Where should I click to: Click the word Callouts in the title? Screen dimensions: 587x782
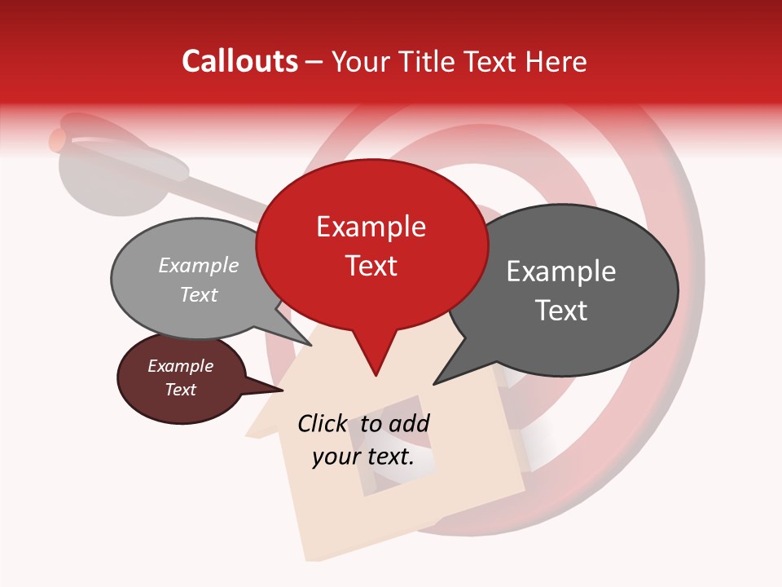pos(239,61)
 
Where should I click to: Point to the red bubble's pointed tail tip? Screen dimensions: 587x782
pos(376,374)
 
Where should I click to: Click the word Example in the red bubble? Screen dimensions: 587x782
pos(371,227)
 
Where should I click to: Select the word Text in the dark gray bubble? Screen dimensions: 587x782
pos(561,311)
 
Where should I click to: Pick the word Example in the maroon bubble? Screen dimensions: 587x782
pos(181,366)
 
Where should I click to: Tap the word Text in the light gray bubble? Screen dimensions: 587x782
pos(199,295)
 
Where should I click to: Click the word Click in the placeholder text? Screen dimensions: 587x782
pos(323,423)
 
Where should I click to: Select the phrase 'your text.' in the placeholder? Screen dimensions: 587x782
pos(363,457)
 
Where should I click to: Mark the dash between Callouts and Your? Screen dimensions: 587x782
pos(314,61)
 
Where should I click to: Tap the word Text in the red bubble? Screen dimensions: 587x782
pos(371,266)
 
